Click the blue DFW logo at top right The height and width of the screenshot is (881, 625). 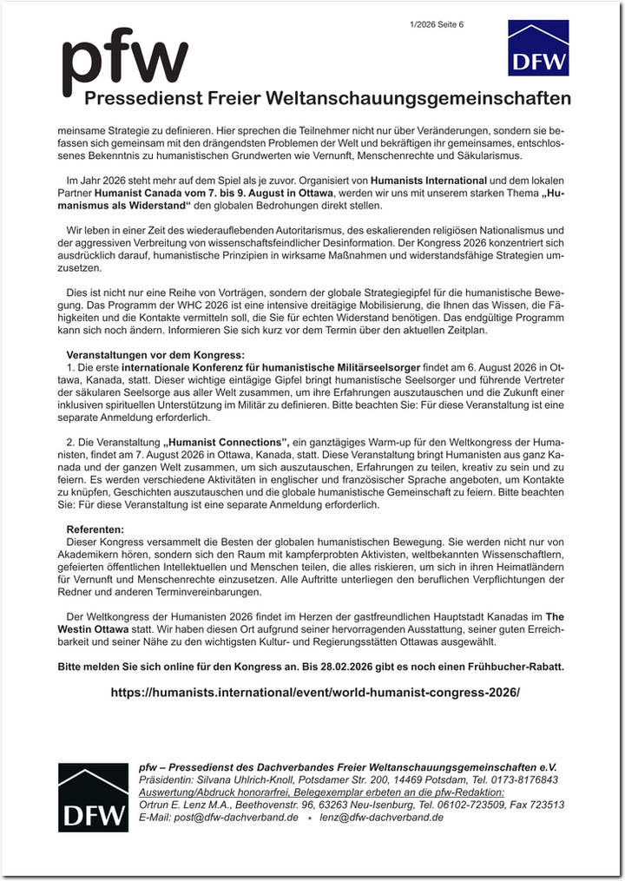pyautogui.click(x=538, y=48)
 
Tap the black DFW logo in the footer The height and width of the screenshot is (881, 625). pyautogui.click(x=93, y=797)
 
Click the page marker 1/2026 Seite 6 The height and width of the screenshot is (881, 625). pyautogui.click(x=437, y=24)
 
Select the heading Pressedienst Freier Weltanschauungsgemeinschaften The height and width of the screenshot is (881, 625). pyautogui.click(x=327, y=97)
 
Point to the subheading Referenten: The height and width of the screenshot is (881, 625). pyautogui.click(x=95, y=529)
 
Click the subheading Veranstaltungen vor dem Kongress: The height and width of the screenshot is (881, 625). pyautogui.click(x=156, y=355)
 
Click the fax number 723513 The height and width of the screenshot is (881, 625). pyautogui.click(x=547, y=805)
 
